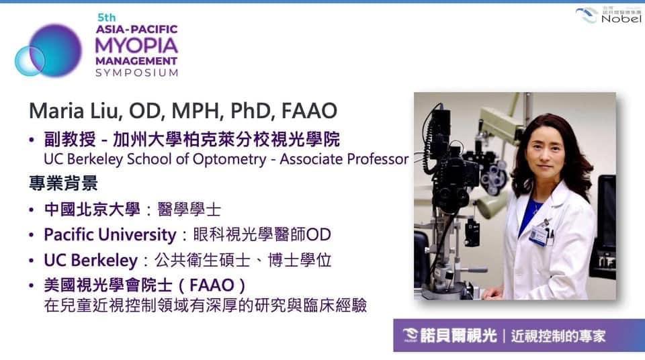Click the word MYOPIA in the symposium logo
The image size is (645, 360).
[x=136, y=45]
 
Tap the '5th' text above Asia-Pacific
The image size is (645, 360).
[x=107, y=17]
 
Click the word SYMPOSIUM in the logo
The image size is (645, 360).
[x=137, y=73]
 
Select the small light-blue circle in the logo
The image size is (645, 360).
[x=29, y=61]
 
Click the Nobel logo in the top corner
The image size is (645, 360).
[x=609, y=14]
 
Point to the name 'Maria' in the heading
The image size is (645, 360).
[x=56, y=111]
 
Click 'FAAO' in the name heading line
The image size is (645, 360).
[x=309, y=111]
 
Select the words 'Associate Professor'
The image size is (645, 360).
[x=344, y=159]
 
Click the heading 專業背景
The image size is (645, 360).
[x=63, y=183]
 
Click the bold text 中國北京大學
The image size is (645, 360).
[x=92, y=210]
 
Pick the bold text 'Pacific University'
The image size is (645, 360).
[x=110, y=235]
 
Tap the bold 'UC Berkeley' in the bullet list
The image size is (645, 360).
[x=91, y=261]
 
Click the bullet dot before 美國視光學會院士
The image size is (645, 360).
[x=32, y=285]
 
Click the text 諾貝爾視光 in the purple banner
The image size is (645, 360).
[x=459, y=336]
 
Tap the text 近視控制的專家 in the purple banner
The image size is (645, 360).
[x=558, y=336]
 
